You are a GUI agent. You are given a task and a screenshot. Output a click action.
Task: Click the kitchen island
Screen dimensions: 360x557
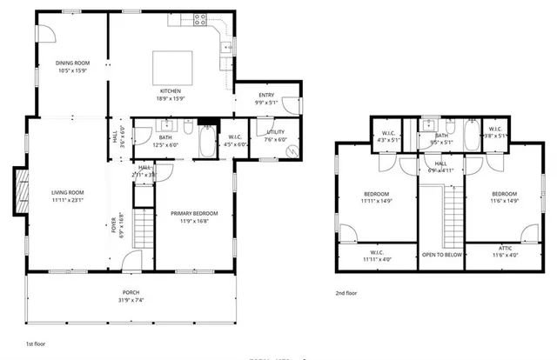coord(171,66)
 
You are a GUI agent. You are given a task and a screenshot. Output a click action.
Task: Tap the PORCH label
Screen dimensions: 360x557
coord(131,292)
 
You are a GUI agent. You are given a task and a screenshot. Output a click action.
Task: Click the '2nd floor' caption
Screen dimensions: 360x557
coord(346,293)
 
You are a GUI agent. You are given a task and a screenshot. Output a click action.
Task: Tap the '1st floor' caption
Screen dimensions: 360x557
coord(36,344)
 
